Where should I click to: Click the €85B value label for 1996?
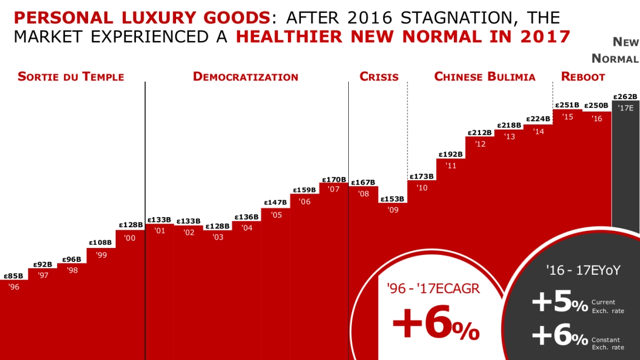pos(13,276)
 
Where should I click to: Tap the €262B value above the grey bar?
pos(625,97)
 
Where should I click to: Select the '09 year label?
pos(394,210)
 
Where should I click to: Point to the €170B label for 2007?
pos(334,180)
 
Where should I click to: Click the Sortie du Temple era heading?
pos(71,77)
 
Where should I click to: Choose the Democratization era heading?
pos(245,77)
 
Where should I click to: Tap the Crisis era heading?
pos(379,77)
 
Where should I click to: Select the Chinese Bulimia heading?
pos(485,77)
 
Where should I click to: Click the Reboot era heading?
pos(583,77)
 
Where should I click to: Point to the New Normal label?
pos(615,50)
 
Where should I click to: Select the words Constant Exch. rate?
pos(607,343)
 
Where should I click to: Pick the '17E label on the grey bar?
pos(626,108)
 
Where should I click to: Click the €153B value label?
pos(392,199)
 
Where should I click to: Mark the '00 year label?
pos(130,238)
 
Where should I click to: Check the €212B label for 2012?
pos(479,133)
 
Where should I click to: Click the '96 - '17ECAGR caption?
pos(434,289)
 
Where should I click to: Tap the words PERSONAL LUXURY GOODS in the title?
pos(142,18)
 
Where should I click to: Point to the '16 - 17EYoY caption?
pos(583,270)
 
